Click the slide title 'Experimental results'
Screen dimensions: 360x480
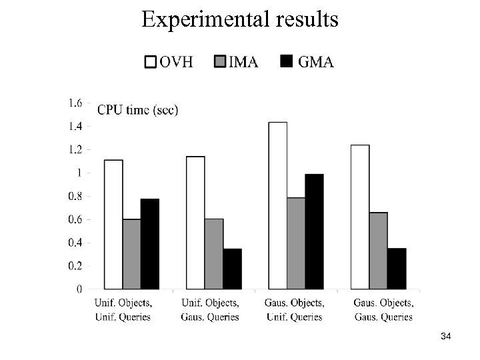[239, 19]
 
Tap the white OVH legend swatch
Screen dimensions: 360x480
[151, 63]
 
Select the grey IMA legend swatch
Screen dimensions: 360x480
[220, 63]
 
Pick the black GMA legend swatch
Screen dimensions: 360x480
[286, 63]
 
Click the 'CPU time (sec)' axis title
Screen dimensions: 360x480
[137, 110]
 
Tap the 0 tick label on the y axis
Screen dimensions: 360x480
[79, 289]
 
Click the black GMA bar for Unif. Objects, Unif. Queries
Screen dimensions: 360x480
[150, 243]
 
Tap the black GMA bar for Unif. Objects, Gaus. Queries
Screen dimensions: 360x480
[232, 269]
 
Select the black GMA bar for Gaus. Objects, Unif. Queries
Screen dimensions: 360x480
[314, 231]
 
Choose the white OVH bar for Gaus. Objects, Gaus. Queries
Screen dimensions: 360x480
[360, 217]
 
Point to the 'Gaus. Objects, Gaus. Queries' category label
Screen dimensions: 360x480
[383, 310]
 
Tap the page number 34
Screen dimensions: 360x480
[446, 338]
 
